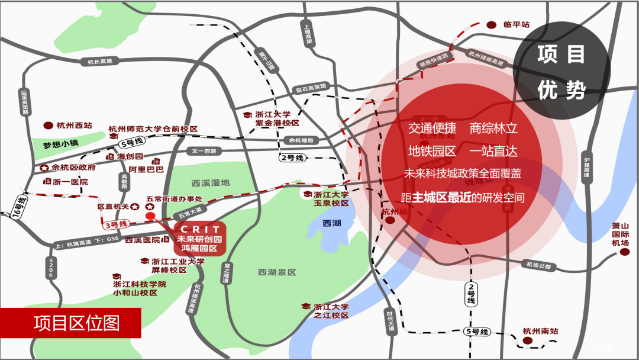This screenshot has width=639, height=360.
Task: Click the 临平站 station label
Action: pyautogui.click(x=516, y=25)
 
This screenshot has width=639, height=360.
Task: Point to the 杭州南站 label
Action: pyautogui.click(x=541, y=332)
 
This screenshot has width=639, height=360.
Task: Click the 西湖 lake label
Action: pyautogui.click(x=332, y=223)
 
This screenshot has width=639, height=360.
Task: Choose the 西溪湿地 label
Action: pyautogui.click(x=210, y=183)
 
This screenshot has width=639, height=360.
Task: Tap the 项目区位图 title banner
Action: pyautogui.click(x=77, y=323)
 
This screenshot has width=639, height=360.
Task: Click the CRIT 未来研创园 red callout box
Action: pyautogui.click(x=199, y=239)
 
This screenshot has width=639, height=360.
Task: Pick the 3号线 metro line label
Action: pyautogui.click(x=116, y=224)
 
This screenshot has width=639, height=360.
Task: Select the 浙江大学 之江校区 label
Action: pyautogui.click(x=331, y=311)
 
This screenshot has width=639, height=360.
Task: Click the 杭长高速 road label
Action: pyautogui.click(x=100, y=61)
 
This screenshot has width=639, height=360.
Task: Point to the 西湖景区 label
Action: pyautogui.click(x=277, y=272)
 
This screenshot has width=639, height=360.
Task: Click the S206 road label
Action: pyautogui.click(x=51, y=268)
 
